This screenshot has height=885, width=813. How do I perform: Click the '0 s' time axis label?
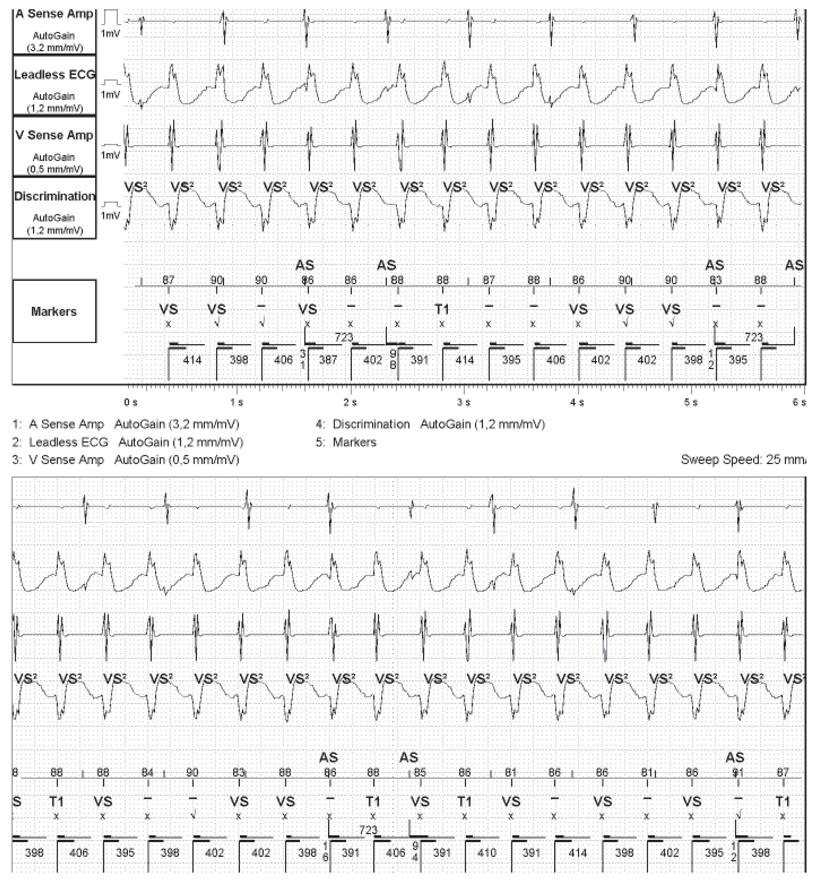[x=130, y=402]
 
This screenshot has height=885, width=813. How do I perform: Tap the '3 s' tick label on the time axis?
[x=463, y=402]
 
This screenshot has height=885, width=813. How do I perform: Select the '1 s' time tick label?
[x=237, y=402]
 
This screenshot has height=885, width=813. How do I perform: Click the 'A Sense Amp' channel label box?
[x=54, y=30]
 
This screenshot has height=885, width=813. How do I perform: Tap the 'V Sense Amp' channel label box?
[x=54, y=146]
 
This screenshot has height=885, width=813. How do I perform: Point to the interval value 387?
[x=328, y=360]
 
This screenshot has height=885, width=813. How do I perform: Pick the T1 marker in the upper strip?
[x=442, y=309]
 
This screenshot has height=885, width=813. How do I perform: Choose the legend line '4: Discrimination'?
[x=430, y=424]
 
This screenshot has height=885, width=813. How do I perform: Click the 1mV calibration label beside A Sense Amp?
[x=110, y=34]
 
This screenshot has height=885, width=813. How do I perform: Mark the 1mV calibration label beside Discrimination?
[x=110, y=216]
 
